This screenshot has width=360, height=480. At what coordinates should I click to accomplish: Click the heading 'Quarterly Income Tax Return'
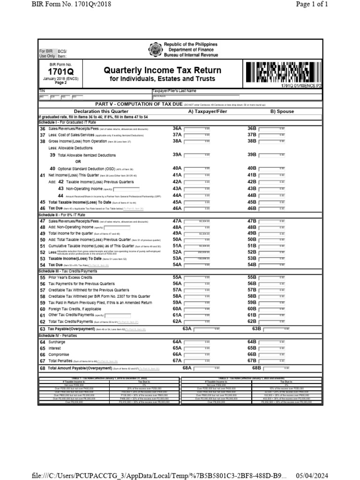point(163,70)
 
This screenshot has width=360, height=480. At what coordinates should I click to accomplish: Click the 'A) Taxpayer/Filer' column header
point(207,111)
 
